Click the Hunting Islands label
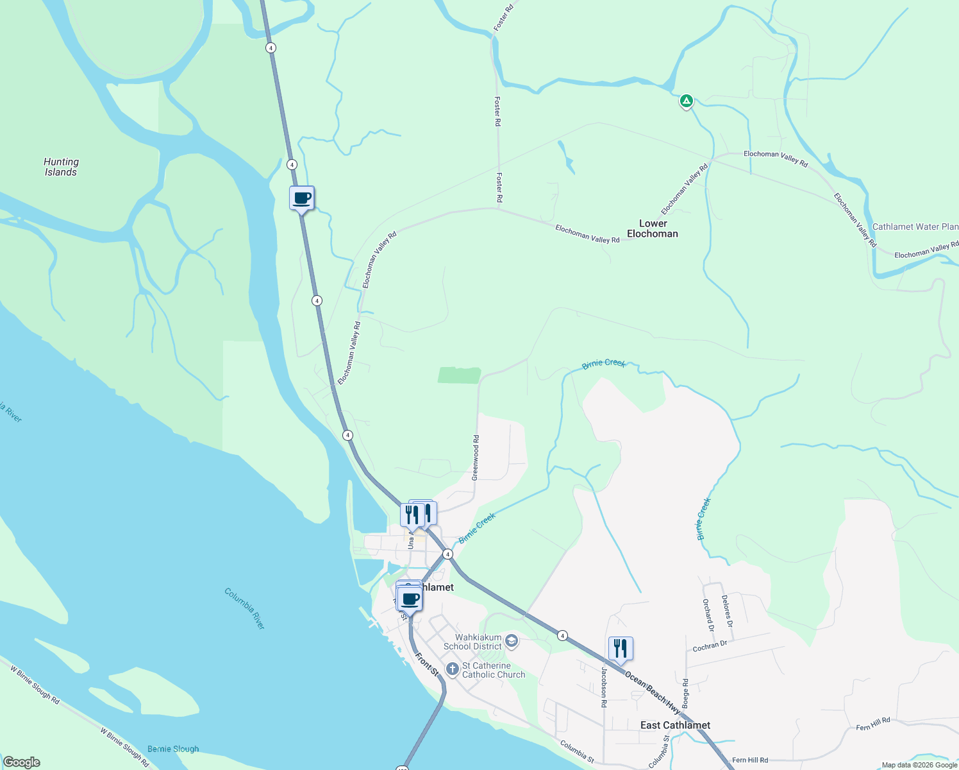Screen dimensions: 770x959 tap(61, 167)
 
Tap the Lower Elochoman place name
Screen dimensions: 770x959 tap(653, 228)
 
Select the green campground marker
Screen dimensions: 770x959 tap(686, 101)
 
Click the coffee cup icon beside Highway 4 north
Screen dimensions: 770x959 tap(302, 198)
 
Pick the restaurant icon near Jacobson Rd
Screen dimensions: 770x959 tap(620, 649)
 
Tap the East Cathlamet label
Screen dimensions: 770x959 tap(675, 725)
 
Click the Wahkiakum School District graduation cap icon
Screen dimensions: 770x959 tap(512, 640)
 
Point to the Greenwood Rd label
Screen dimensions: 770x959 tap(476, 458)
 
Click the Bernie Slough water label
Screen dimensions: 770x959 tap(173, 749)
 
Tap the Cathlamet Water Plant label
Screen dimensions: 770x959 tap(915, 227)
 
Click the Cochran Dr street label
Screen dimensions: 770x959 tap(710, 646)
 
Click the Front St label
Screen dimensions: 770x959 tap(426, 664)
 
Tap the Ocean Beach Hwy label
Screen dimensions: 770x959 tap(652, 694)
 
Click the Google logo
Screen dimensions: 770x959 tap(21, 762)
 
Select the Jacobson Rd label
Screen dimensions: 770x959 tap(604, 687)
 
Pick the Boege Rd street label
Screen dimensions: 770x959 tap(685, 694)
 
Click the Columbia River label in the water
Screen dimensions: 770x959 tap(244, 608)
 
